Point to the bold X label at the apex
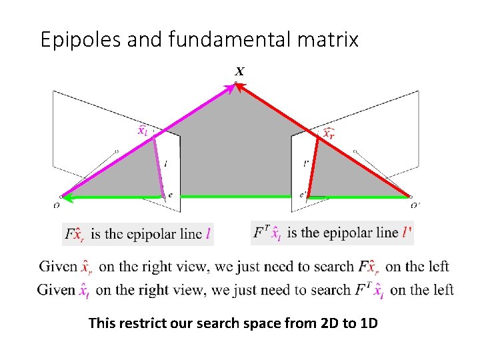[239, 71]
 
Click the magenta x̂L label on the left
[143, 130]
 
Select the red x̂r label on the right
[328, 133]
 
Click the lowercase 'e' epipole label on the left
[171, 195]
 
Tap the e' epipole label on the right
[303, 195]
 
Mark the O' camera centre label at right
[415, 205]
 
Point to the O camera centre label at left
[57, 205]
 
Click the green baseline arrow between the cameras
[233, 197]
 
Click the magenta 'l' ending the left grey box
[208, 233]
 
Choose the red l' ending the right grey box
[406, 232]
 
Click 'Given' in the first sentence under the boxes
[58, 267]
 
